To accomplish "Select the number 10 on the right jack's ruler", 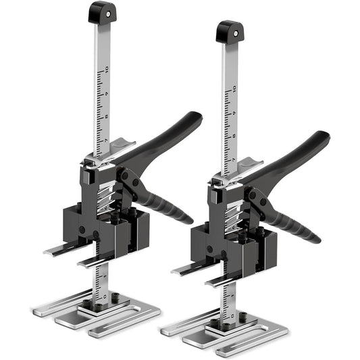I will [x=234, y=88].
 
